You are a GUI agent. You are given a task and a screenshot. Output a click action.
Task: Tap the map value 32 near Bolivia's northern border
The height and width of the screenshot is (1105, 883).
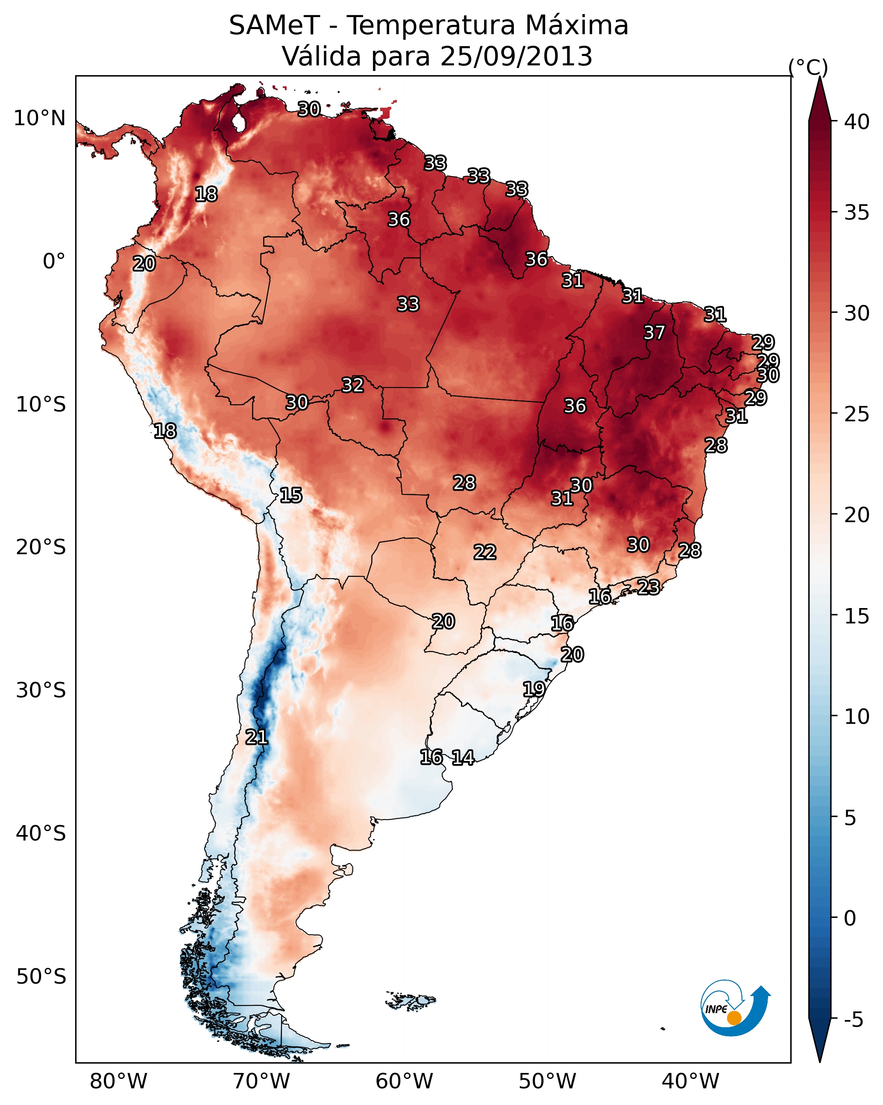pos(352,385)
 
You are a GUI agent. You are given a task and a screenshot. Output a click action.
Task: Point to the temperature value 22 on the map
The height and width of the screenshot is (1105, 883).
pos(484,552)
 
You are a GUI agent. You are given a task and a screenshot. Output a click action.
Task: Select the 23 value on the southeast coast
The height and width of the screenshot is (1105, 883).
pos(648,587)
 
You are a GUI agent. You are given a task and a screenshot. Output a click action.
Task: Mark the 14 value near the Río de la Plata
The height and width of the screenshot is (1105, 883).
pos(463,758)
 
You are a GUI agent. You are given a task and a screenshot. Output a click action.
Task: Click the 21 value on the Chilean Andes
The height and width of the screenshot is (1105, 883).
pos(256,738)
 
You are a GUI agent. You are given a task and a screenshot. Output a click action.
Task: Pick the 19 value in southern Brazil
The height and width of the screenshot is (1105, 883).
pos(534,689)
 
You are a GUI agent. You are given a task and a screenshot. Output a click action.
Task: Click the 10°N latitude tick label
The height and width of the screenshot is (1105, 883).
pos(39,118)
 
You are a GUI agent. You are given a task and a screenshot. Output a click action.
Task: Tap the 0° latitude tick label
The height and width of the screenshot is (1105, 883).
pos(54,262)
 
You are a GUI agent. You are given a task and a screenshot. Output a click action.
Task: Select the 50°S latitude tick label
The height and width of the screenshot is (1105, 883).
pos(41,977)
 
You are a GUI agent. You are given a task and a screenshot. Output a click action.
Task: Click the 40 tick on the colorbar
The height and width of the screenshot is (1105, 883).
pos(857,122)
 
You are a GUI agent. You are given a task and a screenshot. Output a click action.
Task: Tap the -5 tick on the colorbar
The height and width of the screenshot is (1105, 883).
pos(853,1020)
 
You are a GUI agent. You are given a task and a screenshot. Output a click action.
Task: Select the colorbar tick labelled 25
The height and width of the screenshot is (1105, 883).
pos(857,414)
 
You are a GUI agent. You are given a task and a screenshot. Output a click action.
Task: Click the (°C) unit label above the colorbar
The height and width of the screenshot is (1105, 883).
pos(808,67)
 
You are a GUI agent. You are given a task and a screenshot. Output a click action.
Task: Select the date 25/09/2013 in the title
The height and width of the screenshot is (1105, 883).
pos(516,56)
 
